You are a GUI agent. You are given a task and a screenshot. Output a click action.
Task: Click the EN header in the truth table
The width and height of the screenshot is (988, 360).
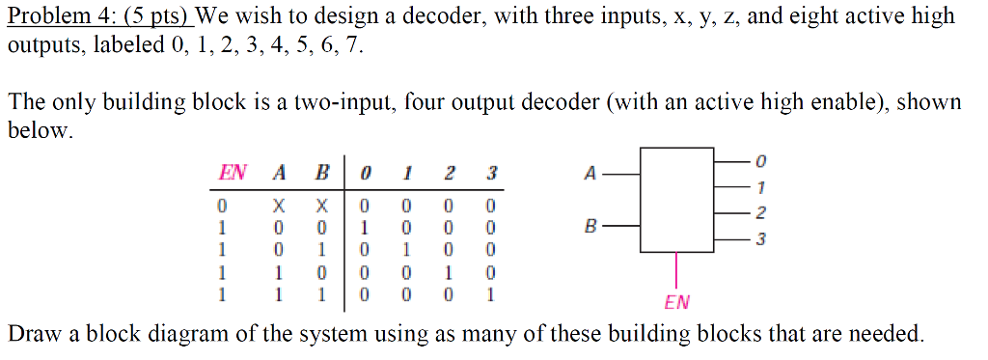(x=232, y=174)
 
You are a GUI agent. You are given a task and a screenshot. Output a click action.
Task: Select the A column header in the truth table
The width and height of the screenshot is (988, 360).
(x=279, y=174)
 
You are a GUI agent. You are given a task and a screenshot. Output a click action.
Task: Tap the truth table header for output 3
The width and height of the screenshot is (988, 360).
(x=491, y=174)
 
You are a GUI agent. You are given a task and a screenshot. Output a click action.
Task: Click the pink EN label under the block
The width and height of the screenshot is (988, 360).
(x=677, y=302)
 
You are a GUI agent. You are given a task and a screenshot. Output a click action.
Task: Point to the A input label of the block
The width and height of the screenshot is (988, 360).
(x=590, y=175)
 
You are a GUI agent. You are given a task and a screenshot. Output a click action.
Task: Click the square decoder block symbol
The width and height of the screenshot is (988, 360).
(x=677, y=201)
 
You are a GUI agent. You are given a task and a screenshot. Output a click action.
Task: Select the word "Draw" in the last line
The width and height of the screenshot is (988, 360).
(x=33, y=335)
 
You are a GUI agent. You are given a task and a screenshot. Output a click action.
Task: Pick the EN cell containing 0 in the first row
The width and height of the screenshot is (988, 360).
(x=222, y=205)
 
